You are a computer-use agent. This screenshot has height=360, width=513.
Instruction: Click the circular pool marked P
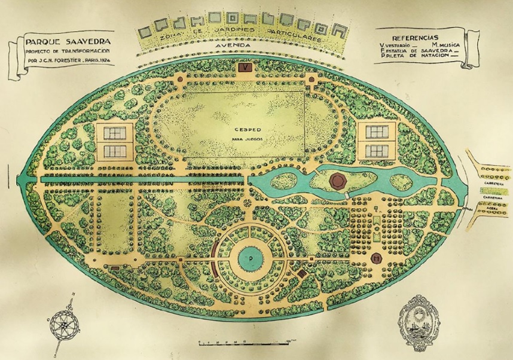click(250, 259)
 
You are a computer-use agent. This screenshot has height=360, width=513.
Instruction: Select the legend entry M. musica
click(444, 44)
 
